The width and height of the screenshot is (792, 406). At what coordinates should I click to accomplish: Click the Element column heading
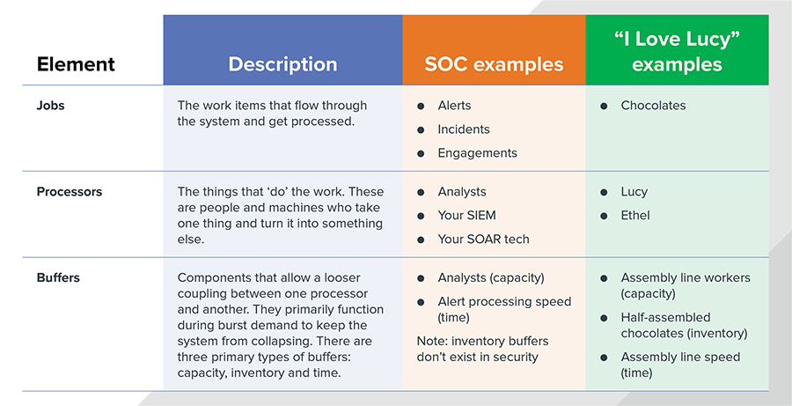(76, 64)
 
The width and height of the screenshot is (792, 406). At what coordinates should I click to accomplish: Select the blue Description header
(282, 49)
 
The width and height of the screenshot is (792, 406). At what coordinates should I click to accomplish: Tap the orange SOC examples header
(494, 49)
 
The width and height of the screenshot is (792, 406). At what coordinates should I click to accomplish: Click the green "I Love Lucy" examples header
(678, 49)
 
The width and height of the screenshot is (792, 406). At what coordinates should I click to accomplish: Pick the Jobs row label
(50, 106)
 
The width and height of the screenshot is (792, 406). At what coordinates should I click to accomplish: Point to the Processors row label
(70, 192)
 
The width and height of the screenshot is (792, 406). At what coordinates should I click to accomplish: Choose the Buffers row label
(58, 277)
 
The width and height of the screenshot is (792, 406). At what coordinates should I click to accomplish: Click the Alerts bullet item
(454, 106)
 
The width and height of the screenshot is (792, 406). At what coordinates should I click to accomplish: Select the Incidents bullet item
(464, 129)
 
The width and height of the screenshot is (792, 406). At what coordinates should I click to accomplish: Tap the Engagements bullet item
(477, 153)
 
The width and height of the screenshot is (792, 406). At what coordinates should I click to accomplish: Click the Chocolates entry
(653, 106)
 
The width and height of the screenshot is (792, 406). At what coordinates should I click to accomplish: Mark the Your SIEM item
(466, 216)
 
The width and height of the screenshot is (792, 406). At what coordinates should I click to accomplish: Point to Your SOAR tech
(483, 240)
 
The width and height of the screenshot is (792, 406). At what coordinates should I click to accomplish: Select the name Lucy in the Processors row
(634, 192)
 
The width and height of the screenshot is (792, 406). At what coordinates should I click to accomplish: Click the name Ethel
(634, 216)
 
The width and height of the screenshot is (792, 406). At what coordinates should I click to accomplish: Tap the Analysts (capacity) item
(490, 278)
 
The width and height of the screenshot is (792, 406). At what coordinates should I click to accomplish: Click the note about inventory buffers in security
(483, 349)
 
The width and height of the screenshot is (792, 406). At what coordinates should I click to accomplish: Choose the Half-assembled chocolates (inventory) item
(684, 326)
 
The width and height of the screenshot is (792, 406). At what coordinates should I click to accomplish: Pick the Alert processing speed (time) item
(504, 309)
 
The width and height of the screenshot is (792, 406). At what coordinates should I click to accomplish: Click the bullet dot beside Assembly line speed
(604, 358)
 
